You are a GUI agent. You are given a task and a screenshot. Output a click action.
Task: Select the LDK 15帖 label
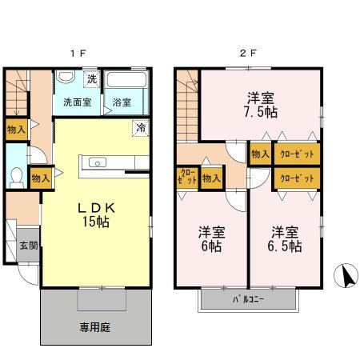pos(97,214)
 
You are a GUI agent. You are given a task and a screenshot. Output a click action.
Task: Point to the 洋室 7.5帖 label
pos(261,105)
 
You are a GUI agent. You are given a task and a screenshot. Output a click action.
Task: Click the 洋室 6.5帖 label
pos(286,239)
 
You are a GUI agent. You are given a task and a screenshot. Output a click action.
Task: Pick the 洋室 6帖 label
pos(212,239)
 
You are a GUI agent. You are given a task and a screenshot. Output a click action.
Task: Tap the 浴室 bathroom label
pos(122,102)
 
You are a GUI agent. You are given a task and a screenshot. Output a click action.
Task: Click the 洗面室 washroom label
pos(77,102)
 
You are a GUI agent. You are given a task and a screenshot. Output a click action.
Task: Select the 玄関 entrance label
pos(28,246)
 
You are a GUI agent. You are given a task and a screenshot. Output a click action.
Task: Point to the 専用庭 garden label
pos(94,326)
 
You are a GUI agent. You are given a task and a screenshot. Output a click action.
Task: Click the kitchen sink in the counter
pos(98,163)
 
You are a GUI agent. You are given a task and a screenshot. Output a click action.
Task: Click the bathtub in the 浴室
pos(126,82)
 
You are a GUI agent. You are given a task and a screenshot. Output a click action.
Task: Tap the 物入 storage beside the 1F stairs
pos(16,129)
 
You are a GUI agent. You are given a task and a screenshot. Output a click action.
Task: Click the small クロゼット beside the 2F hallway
pos(186,177)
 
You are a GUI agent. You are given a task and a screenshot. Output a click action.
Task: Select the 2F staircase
pos(188,100)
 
